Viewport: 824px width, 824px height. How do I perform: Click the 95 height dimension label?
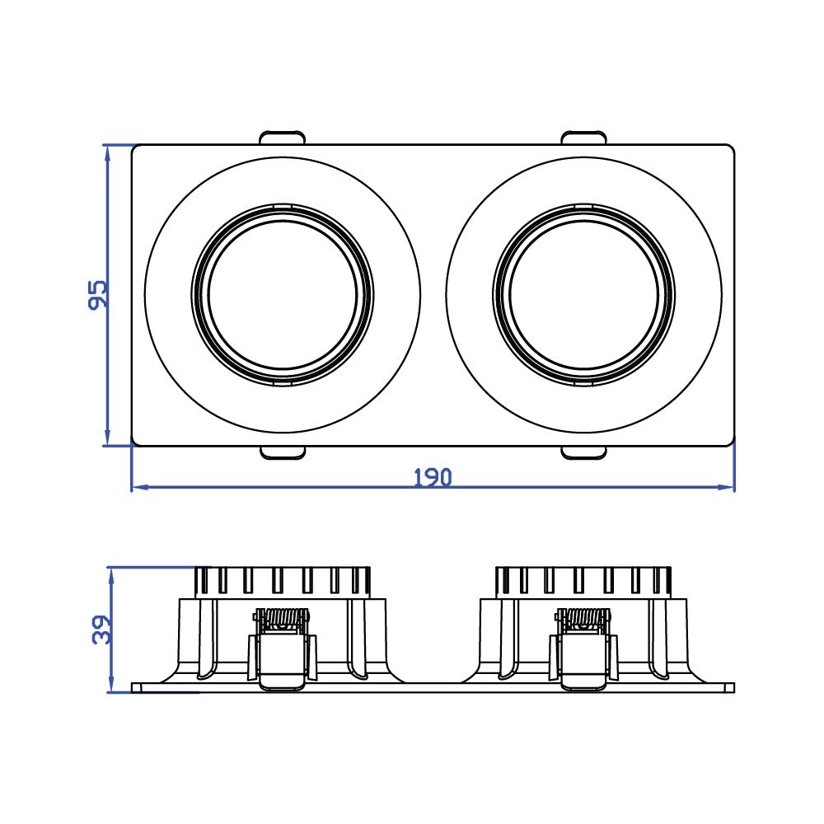pyautogui.click(x=97, y=295)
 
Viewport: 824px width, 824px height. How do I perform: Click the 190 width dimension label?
pyautogui.click(x=433, y=477)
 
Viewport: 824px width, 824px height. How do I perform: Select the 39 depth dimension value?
pyautogui.click(x=99, y=630)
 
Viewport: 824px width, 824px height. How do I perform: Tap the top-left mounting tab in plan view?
pyautogui.click(x=283, y=138)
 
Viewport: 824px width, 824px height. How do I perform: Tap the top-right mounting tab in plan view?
pyautogui.click(x=584, y=138)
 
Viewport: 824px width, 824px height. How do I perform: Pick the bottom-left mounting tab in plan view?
pyautogui.click(x=283, y=452)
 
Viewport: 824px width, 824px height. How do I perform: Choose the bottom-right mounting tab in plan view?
pyautogui.click(x=584, y=452)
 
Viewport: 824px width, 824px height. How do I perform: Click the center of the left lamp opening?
pyautogui.click(x=283, y=295)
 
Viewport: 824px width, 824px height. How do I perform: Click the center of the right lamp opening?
pyautogui.click(x=584, y=295)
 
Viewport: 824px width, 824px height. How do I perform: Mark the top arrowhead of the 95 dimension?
pyautogui.click(x=107, y=151)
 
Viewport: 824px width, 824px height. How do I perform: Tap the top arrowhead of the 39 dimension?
pyautogui.click(x=110, y=573)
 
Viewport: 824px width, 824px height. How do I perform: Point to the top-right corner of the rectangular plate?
pyautogui.click(x=732, y=147)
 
